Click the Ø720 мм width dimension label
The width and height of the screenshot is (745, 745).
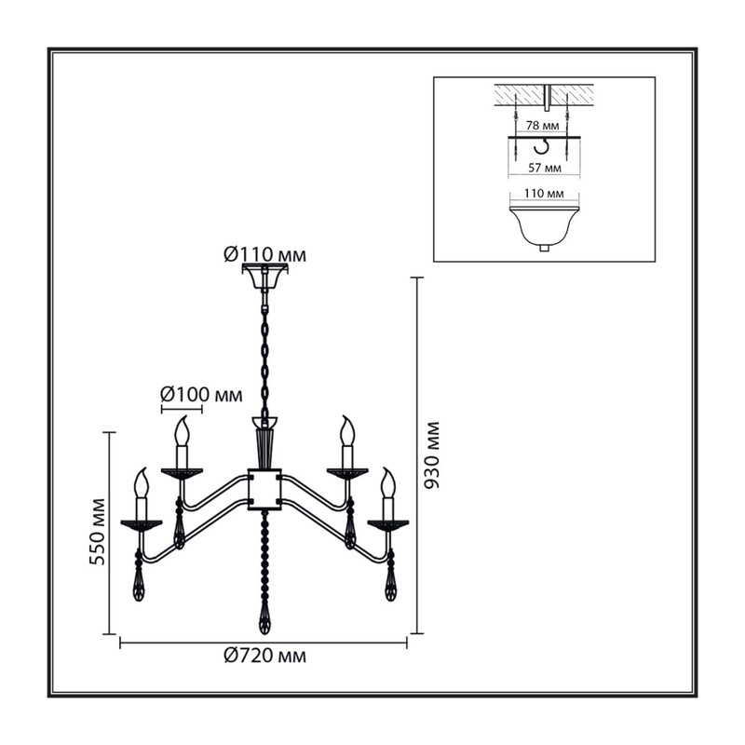coord(264,657)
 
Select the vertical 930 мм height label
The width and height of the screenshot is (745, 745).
coord(432,454)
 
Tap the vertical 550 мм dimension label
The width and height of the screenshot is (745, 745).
coord(97,531)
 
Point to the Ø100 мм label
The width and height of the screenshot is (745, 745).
coord(201,394)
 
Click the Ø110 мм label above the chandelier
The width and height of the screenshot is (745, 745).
coord(264,255)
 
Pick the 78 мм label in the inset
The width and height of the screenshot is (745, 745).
coord(542,126)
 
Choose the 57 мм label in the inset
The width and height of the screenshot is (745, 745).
coord(544,168)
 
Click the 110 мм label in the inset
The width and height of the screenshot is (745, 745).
coord(544,194)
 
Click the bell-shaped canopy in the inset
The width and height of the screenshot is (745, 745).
coord(545,228)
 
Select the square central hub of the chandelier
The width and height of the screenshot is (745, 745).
coord(264,490)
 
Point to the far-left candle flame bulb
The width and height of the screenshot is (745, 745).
coord(142,482)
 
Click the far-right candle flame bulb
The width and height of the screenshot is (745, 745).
coord(388,482)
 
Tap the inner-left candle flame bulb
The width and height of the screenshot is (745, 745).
coord(182,431)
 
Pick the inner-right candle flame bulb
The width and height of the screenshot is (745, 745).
coord(347,431)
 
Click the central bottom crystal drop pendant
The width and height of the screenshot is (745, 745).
coord(264,618)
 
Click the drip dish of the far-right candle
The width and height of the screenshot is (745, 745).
coord(388,524)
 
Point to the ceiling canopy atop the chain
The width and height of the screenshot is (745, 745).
coord(264,276)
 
